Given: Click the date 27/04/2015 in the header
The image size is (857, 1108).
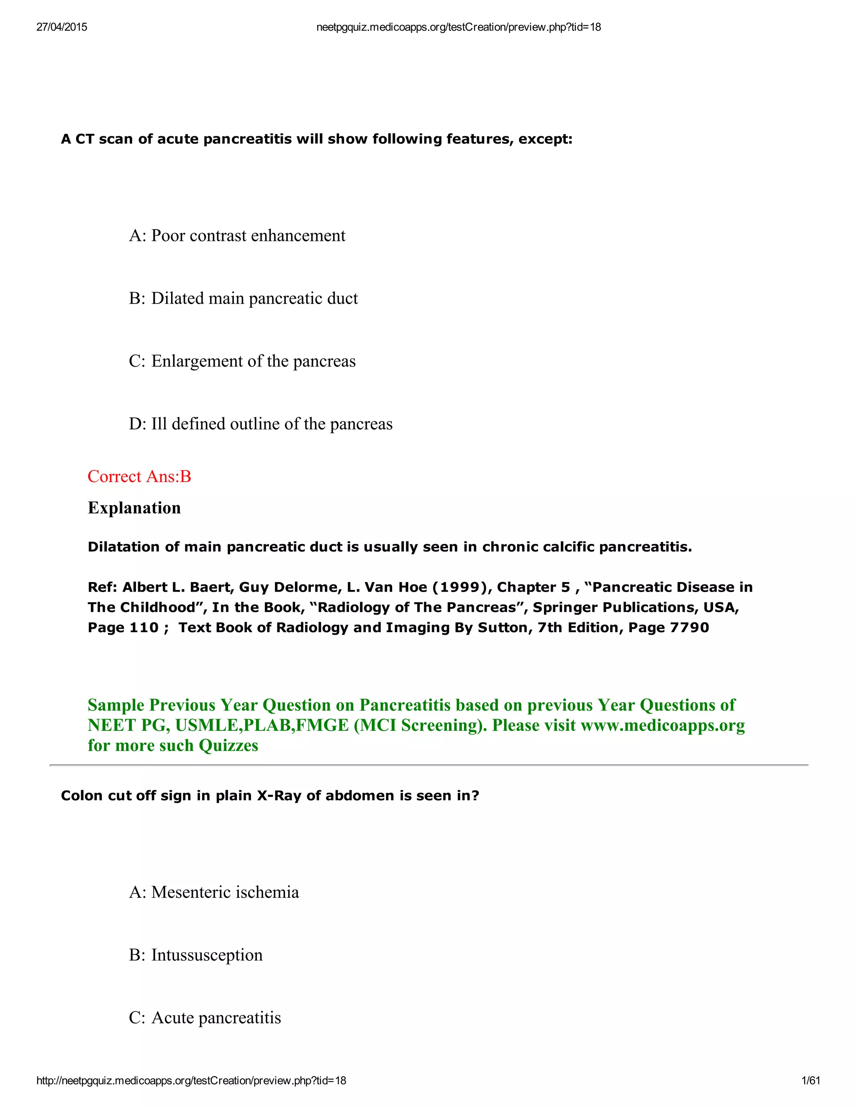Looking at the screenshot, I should (x=62, y=27).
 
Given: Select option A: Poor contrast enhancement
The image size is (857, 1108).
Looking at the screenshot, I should (x=237, y=236).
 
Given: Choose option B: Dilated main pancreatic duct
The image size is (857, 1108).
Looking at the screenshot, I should (x=243, y=298).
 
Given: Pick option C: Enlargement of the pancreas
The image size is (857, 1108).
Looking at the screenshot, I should (x=242, y=361).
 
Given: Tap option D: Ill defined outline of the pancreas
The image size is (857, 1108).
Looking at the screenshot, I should (x=260, y=424).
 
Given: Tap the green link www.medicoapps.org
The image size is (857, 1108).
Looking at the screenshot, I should (x=662, y=725).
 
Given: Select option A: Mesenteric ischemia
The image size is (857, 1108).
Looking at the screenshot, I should (x=214, y=892).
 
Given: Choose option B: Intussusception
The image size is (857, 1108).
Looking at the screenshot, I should (x=195, y=955).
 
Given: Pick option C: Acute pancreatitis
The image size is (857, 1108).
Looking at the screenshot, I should (x=205, y=1018).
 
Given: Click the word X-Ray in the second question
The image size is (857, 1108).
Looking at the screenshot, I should (x=279, y=796).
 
